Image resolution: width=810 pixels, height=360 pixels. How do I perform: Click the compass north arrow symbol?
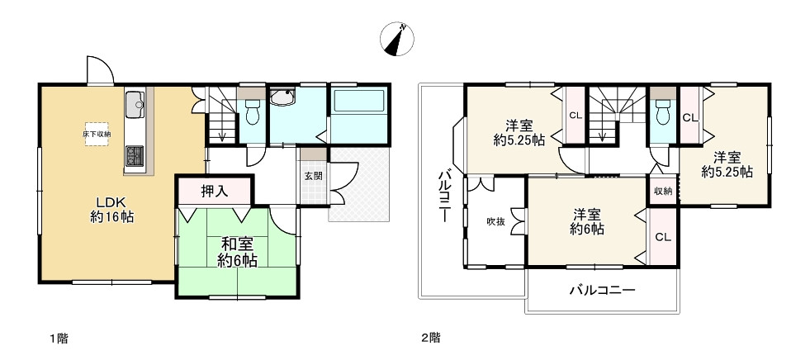point(397,39)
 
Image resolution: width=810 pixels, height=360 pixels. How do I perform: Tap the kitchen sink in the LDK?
point(135,106)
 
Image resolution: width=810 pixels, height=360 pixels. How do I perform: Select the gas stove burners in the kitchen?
point(135,155)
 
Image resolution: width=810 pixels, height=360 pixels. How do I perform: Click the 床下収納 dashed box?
point(97,134)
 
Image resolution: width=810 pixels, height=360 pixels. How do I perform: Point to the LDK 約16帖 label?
point(112,209)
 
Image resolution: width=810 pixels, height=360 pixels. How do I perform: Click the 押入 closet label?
point(214,191)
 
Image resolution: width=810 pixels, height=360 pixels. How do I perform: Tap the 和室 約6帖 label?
point(237,252)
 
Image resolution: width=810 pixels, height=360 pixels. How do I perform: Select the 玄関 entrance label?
point(313,176)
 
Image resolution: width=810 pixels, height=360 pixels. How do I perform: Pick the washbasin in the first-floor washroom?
point(282,97)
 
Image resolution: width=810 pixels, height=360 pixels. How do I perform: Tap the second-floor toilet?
point(663,110)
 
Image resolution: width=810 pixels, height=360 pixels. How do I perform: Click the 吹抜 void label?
point(495,222)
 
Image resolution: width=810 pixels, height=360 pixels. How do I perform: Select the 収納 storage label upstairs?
point(663,192)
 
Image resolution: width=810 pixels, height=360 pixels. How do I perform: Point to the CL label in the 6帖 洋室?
point(663,238)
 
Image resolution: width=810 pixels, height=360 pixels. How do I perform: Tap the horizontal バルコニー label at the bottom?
point(602,290)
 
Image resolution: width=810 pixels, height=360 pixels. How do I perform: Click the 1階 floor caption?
point(59,339)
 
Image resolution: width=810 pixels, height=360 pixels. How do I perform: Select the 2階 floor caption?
point(431,339)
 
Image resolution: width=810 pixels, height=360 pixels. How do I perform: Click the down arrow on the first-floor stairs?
point(222,135)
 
